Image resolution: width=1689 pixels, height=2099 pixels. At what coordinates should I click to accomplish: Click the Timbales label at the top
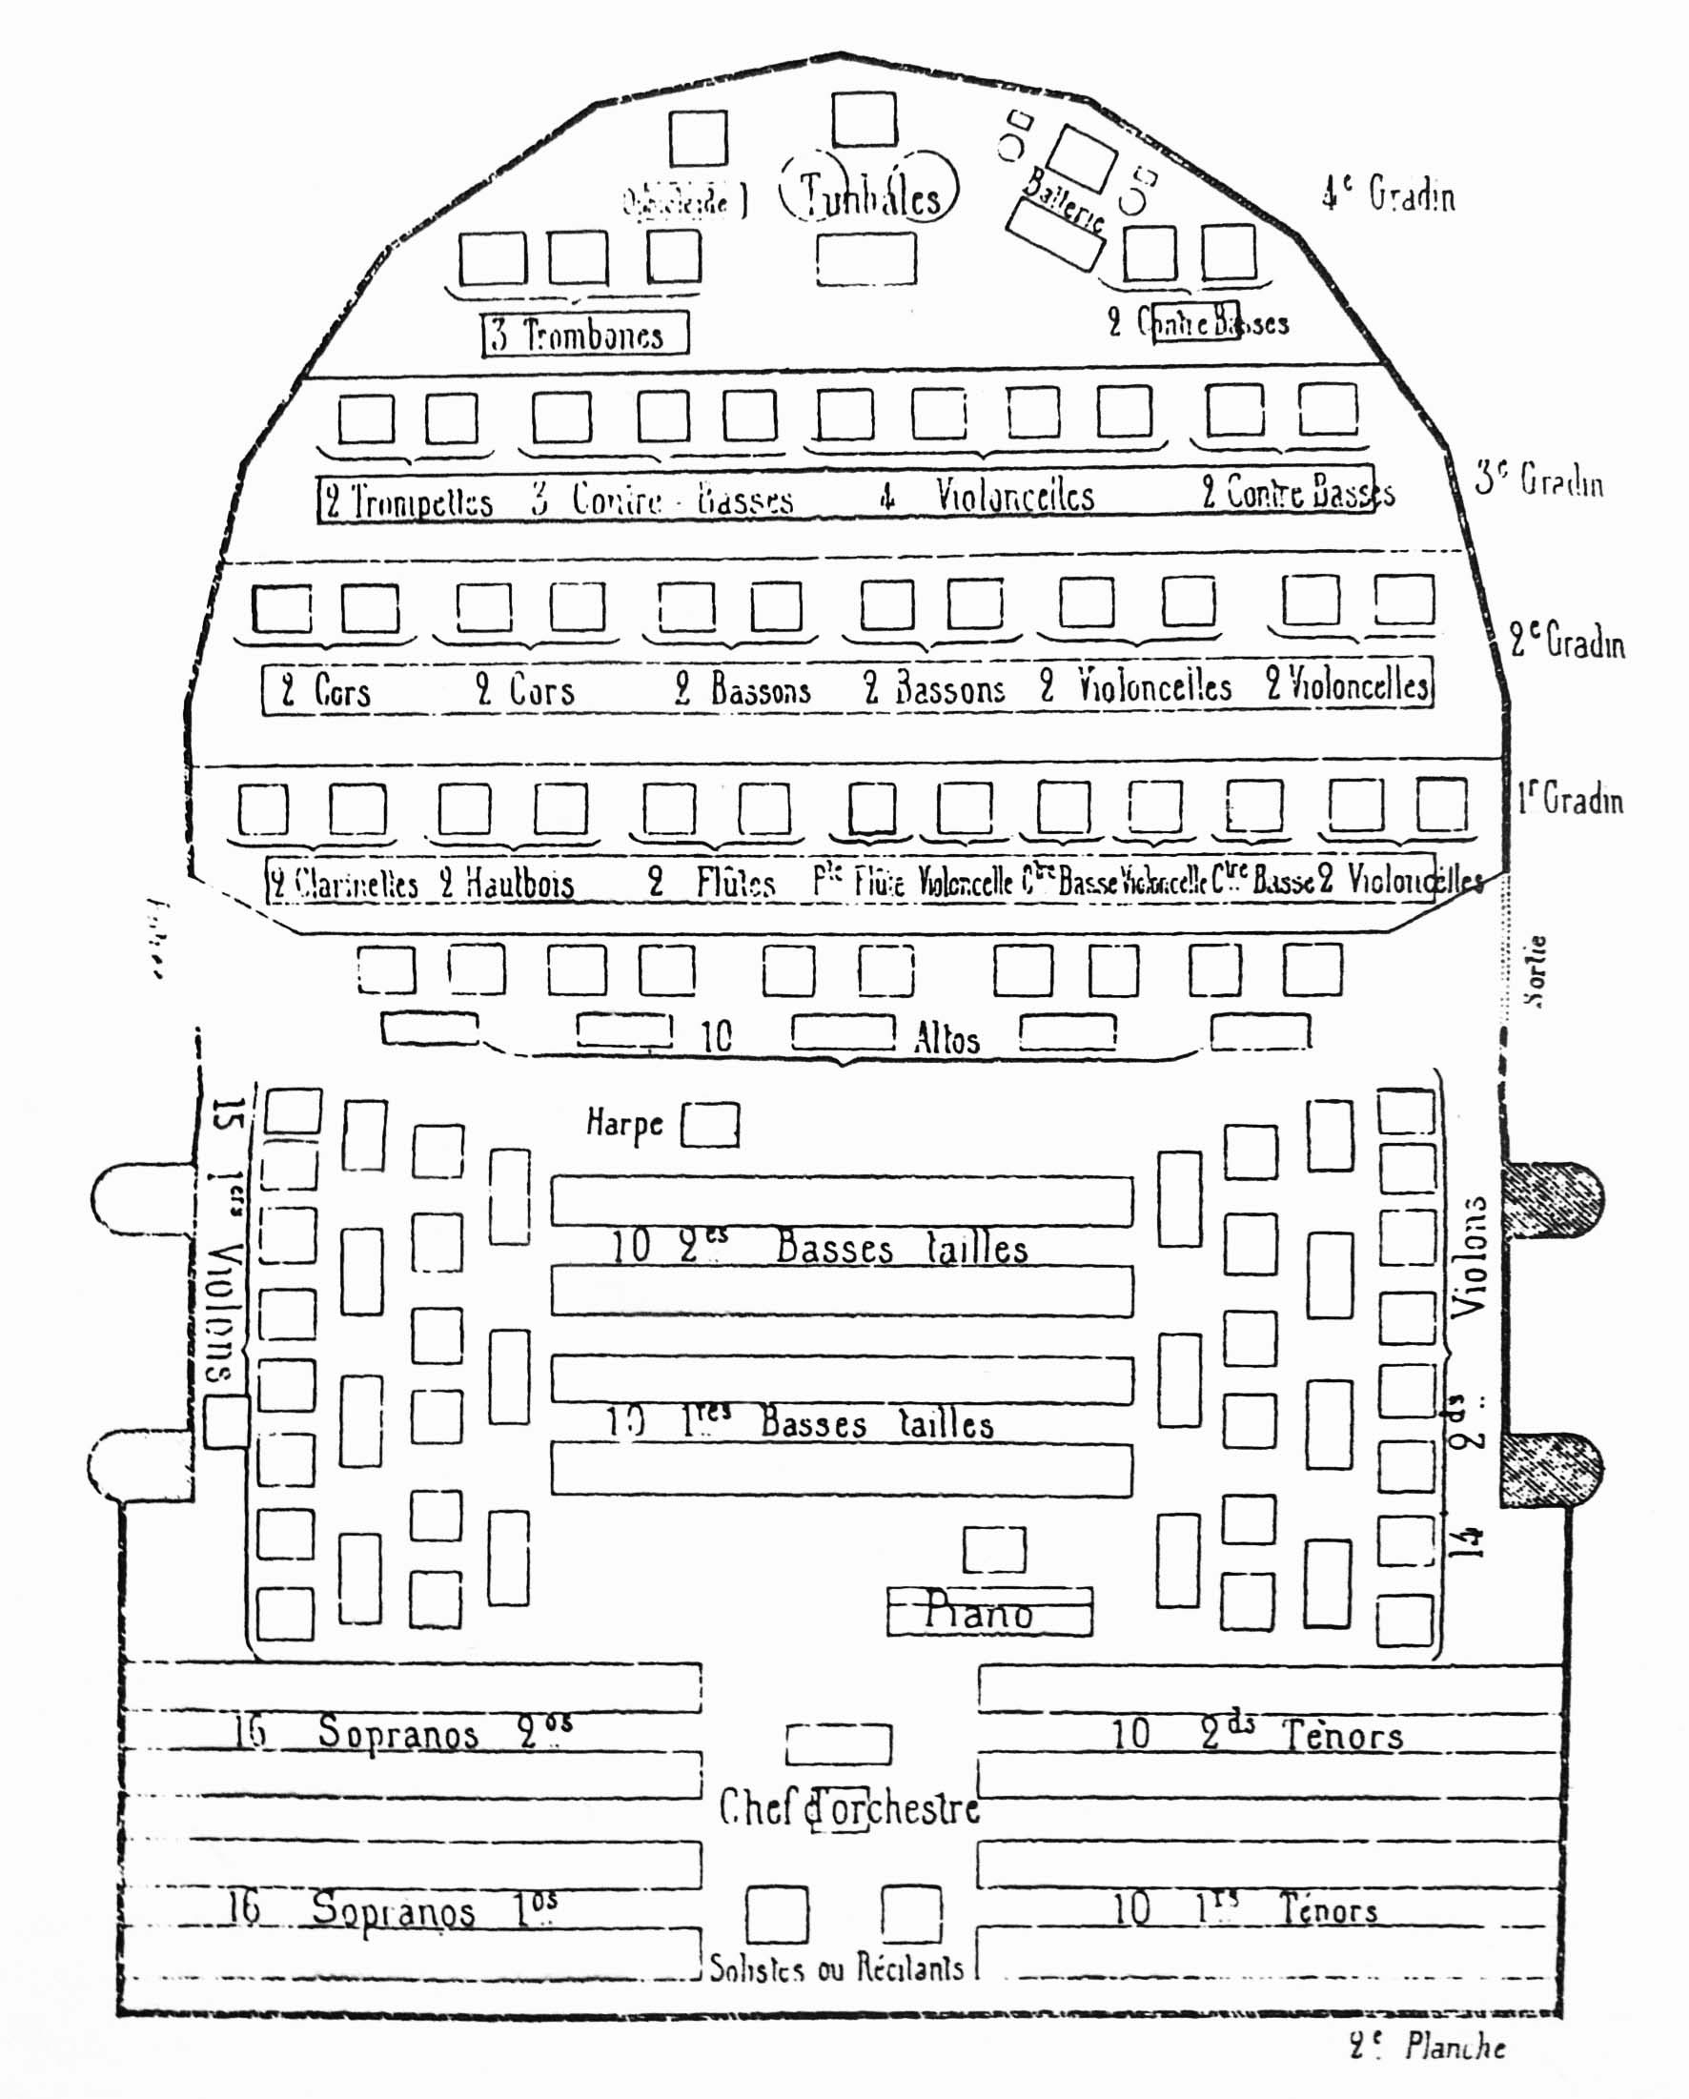coord(869,194)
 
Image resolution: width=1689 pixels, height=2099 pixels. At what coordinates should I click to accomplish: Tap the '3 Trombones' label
coord(585,334)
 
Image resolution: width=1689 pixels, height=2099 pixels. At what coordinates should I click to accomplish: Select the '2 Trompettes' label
coord(409,500)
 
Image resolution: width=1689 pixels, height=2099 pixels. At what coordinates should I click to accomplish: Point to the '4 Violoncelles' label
coord(988,496)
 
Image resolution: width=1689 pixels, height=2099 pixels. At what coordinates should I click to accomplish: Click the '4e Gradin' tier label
coord(1388,194)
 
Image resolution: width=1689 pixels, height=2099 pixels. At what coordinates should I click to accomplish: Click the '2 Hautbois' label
coord(506,883)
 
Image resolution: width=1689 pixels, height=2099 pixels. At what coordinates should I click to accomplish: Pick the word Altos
coord(946,1040)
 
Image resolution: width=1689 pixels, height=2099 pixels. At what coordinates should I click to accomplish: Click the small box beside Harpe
coord(710,1126)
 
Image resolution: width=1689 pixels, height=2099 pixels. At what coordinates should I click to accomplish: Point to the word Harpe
coord(624,1123)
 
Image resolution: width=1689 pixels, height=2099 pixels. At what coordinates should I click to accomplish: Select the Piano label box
coord(989,1612)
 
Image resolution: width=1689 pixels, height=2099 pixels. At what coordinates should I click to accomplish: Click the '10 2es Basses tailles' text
coord(819,1247)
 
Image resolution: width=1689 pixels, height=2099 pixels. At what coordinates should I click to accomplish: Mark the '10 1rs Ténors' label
coord(1245,1909)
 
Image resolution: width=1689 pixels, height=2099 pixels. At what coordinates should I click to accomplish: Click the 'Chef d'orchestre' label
coord(849,1808)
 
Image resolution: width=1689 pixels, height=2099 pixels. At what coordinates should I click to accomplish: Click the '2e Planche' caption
coord(1427,2048)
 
